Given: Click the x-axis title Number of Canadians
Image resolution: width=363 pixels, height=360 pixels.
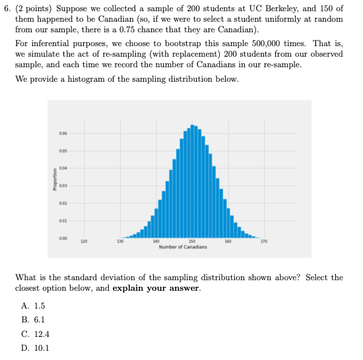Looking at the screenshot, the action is point(192,247).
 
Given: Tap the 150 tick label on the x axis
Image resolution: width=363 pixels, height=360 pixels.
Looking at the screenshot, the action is point(192,242).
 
